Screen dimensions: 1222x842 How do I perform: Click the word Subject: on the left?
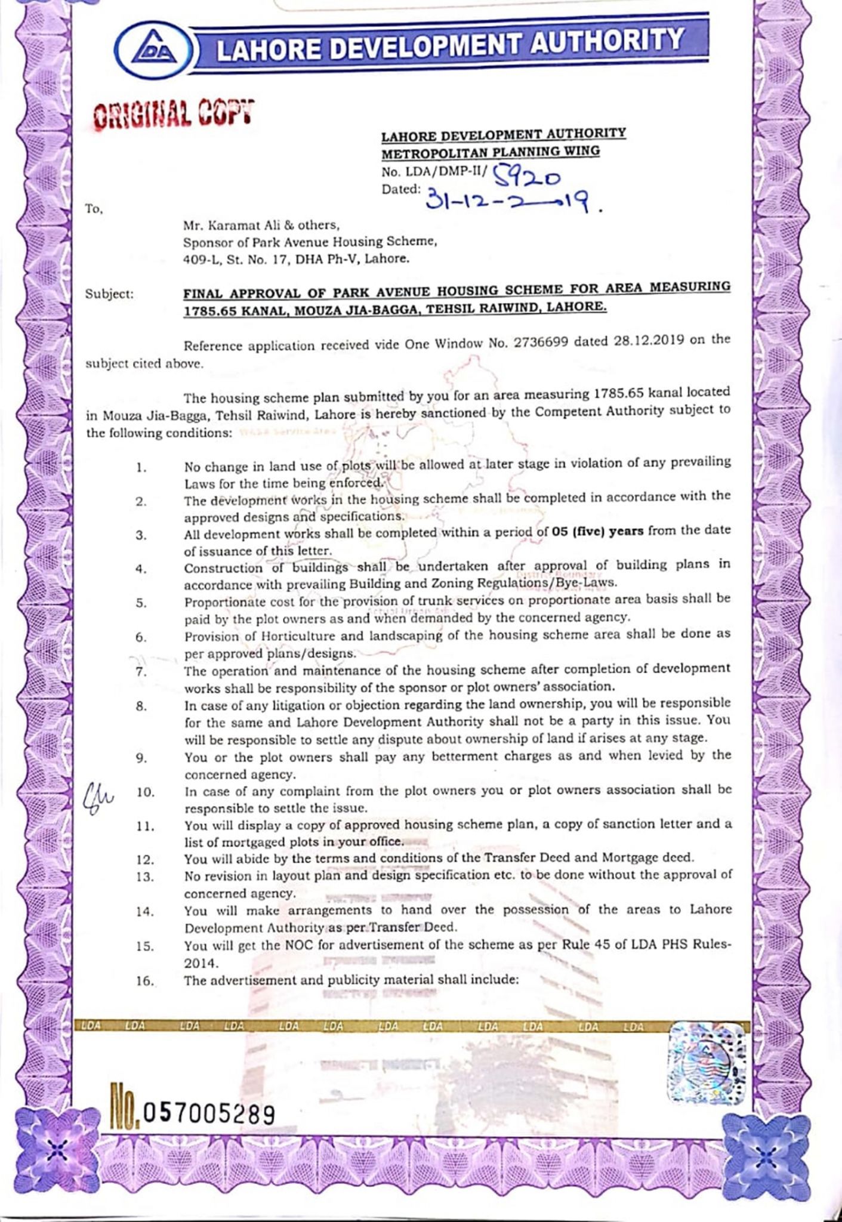point(109,294)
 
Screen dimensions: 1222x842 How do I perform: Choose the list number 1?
point(141,468)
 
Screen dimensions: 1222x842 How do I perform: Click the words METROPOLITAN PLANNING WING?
point(491,152)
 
